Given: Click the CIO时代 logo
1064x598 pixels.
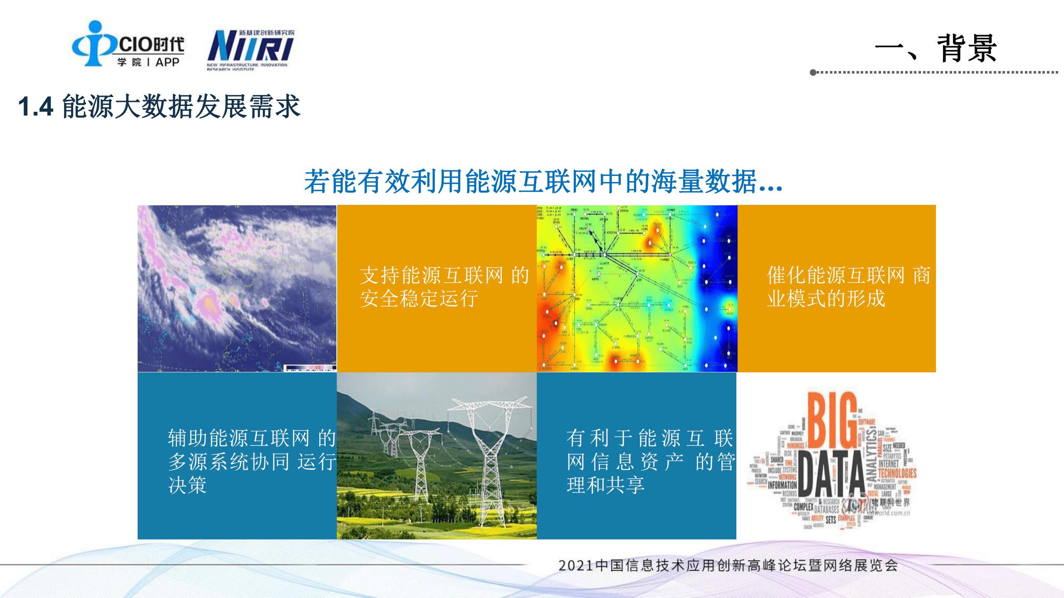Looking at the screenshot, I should (x=128, y=44).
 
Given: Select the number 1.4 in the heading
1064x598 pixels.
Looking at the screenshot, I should (x=36, y=106).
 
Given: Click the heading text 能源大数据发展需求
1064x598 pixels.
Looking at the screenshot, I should (x=181, y=106).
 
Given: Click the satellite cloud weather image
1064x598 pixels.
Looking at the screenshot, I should (x=237, y=288).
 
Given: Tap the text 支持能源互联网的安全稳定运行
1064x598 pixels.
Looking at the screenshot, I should (x=444, y=287).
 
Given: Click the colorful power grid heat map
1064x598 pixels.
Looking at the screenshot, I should (x=637, y=288).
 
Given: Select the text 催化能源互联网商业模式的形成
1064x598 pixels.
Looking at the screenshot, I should (x=848, y=287).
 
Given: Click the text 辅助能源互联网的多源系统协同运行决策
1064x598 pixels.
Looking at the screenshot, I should (x=252, y=461).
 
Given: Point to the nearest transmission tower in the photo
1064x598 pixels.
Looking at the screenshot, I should (x=491, y=457).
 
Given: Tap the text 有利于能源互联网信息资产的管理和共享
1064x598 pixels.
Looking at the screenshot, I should (x=651, y=461).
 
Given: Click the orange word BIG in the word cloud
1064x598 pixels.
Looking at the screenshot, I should (x=832, y=420).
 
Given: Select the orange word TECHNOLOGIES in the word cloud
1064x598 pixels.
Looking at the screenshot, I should (x=897, y=473).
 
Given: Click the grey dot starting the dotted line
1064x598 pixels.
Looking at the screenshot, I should (x=813, y=72).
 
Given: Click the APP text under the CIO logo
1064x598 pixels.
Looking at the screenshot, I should (x=167, y=62).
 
